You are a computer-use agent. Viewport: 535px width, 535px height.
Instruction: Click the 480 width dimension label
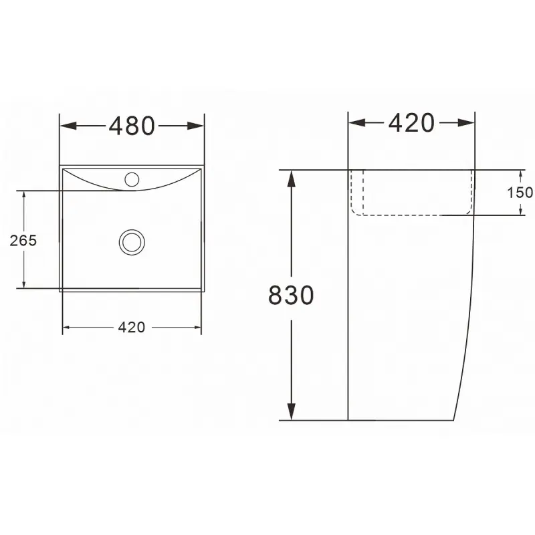pos(132,125)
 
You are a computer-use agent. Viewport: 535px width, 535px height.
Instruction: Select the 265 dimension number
pos(23,241)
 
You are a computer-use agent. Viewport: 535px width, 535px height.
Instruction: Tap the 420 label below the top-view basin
pos(132,328)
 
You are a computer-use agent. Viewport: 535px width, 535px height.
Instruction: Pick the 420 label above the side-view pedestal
pos(411,122)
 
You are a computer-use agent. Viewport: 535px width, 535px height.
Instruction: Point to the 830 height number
pos(291,295)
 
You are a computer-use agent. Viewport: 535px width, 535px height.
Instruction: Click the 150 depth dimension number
pos(520,193)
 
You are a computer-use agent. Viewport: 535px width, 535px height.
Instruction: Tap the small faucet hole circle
pos(132,179)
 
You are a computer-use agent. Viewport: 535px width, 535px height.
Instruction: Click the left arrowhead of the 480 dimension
pos(67,125)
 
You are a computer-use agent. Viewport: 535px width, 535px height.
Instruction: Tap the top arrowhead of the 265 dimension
pos(24,195)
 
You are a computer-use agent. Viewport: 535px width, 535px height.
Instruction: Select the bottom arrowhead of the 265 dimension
pos(24,285)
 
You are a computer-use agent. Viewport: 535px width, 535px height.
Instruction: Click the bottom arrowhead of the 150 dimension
pos(521,212)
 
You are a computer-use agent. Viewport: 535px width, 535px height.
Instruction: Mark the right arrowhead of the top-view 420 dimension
pos(197,328)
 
